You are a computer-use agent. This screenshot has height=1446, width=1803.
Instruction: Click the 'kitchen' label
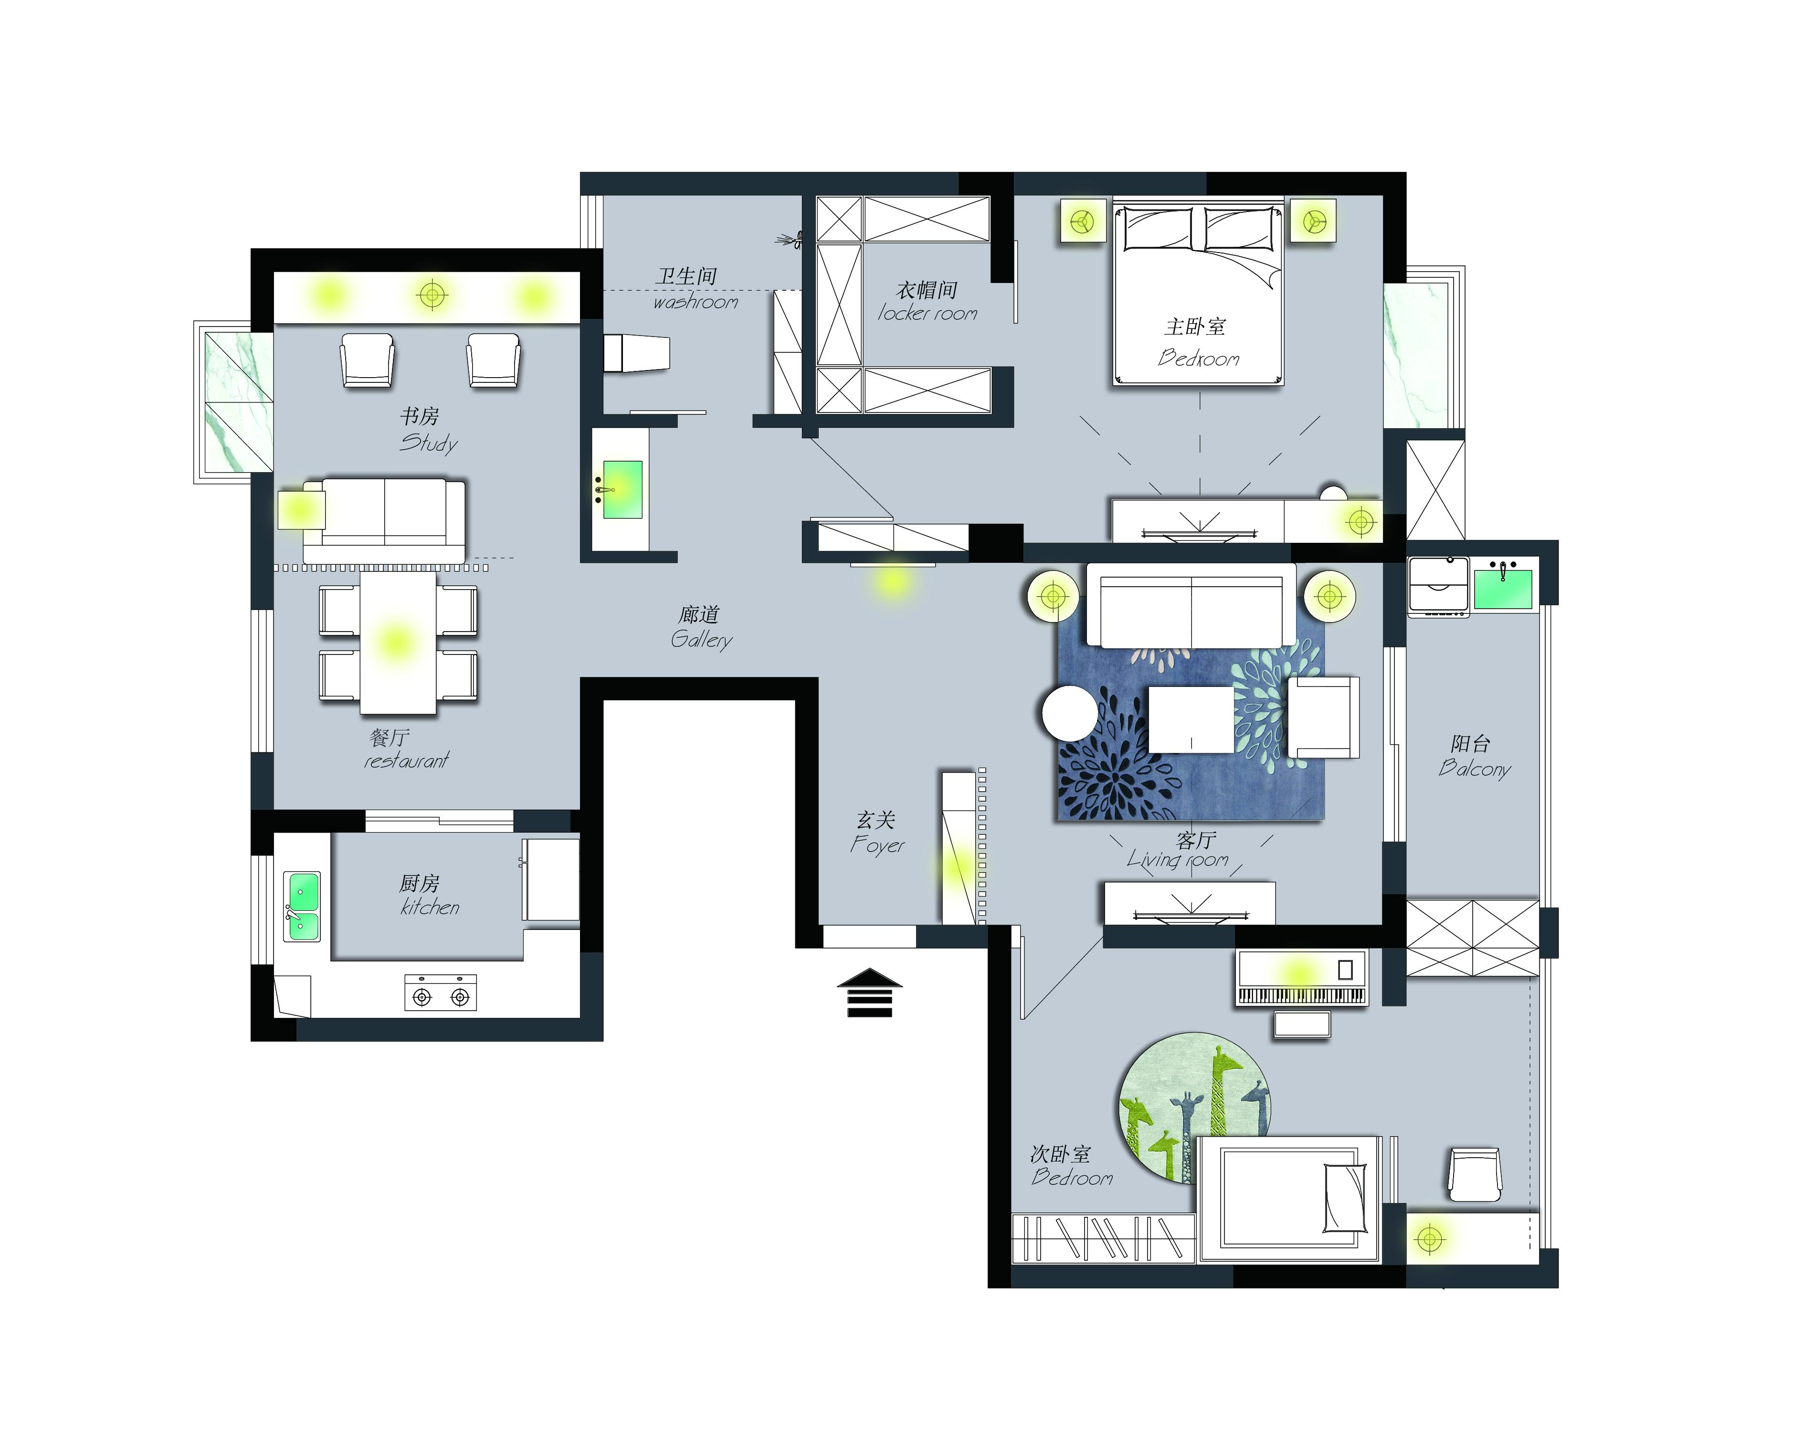[x=430, y=908]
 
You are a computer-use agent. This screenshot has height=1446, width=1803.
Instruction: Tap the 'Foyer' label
[x=877, y=844]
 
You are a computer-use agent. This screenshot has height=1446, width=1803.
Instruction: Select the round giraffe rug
[x=1195, y=1107]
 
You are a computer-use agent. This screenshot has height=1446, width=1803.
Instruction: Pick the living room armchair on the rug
[x=1323, y=718]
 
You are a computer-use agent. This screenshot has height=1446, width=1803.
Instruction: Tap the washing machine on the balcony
[x=1438, y=586]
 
